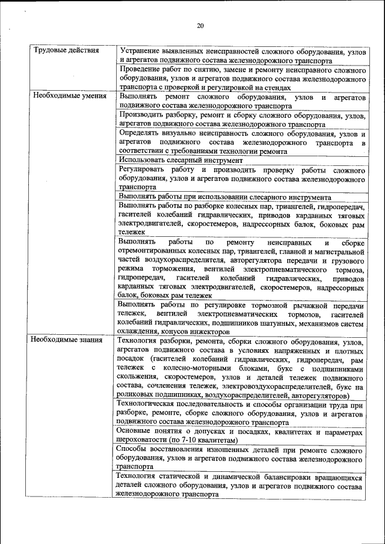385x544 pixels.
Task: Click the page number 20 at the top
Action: [200, 25]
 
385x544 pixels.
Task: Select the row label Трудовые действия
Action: [66, 50]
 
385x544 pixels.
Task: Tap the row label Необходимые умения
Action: [70, 96]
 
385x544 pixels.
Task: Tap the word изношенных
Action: [226, 450]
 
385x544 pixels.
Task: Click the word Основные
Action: [137, 432]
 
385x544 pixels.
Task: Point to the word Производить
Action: [143, 114]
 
